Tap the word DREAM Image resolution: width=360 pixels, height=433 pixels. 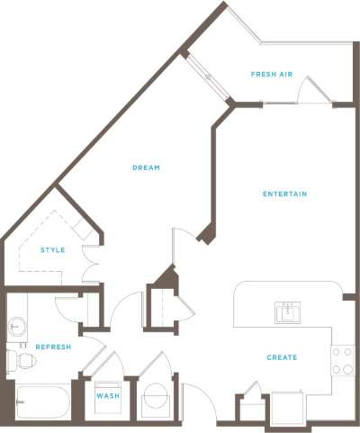(x=146, y=167)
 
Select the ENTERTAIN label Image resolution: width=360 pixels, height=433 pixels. (x=285, y=194)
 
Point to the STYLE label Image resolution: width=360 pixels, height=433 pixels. (x=52, y=249)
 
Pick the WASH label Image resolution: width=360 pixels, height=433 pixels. (x=107, y=395)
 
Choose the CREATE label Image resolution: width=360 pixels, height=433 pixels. (x=282, y=357)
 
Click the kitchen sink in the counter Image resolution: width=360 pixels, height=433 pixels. (x=287, y=312)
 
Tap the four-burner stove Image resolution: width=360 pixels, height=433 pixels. (x=342, y=361)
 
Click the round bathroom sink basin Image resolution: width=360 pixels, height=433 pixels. (x=16, y=326)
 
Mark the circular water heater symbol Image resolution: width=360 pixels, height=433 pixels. (x=156, y=399)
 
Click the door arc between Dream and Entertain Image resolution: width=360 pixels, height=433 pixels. (x=185, y=244)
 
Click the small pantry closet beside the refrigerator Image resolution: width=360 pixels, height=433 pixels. (x=251, y=407)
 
